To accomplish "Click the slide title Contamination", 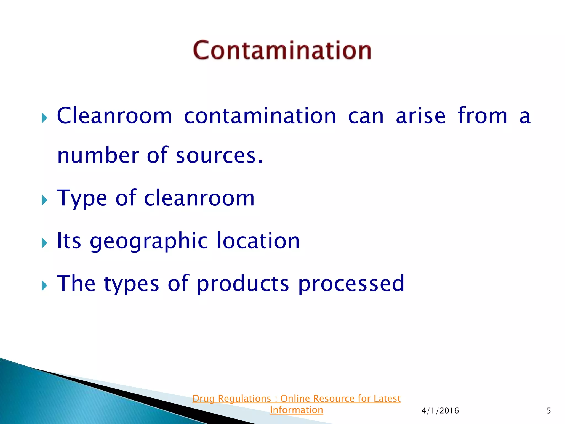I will pos(282,50).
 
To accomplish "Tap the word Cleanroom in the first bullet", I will pos(114,116).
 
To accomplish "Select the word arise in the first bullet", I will pos(420,116).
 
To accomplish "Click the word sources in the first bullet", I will pos(219,156).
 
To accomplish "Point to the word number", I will pos(98,156).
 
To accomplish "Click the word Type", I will pos(82,198).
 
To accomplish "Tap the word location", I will pos(258,241).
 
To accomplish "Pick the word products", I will pos(243,284).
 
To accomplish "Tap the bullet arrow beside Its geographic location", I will pos(44,243).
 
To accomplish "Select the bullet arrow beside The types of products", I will pos(44,285).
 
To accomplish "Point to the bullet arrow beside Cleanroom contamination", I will pos(44,118).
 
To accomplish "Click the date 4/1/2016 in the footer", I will pos(440,411).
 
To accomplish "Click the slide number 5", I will pos(549,411).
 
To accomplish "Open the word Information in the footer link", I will pos(296,410).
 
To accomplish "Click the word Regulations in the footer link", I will pos(244,399).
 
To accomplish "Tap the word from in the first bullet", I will pos(482,116).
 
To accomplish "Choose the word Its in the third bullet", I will pos(69,241).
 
